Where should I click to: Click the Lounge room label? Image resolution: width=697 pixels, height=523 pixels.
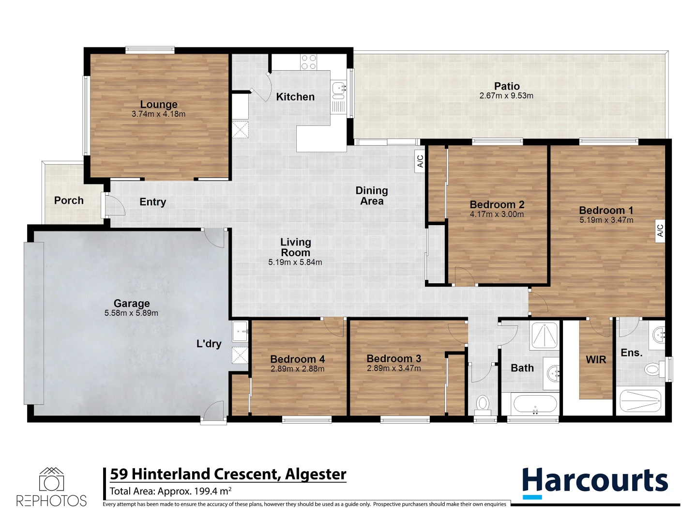click(x=159, y=105)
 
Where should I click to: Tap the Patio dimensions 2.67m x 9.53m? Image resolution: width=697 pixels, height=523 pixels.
click(x=506, y=96)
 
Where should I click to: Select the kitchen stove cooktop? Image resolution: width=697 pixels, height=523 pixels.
click(x=308, y=62)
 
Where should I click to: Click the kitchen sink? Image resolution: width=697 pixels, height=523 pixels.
click(x=338, y=88)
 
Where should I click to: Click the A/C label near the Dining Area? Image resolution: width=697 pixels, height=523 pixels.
click(x=420, y=161)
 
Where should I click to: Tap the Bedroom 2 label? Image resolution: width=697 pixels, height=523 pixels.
click(x=497, y=204)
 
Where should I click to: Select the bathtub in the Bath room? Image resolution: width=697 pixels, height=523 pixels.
click(x=534, y=404)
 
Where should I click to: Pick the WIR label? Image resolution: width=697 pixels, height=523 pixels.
click(x=596, y=360)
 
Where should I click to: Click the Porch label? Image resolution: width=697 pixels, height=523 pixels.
click(x=69, y=200)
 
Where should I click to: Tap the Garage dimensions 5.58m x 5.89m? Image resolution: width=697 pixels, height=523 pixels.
click(x=131, y=313)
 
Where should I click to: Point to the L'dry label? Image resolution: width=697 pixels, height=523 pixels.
click(x=209, y=344)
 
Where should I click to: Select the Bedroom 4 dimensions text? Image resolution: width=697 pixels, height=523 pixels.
click(x=297, y=369)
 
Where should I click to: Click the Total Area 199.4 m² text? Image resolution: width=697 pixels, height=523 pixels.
click(x=170, y=491)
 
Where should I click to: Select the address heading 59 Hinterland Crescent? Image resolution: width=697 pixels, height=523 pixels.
click(x=228, y=474)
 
